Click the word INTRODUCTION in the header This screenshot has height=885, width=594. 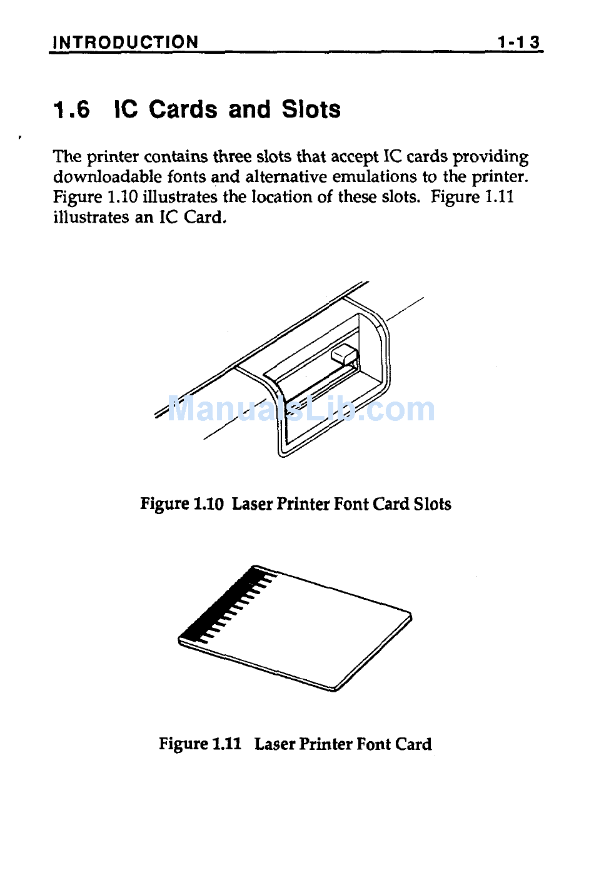(126, 43)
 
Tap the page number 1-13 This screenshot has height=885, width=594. (518, 43)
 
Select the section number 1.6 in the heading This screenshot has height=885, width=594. (71, 109)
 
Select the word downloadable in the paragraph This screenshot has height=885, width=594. (108, 176)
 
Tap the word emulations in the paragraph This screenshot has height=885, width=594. (375, 176)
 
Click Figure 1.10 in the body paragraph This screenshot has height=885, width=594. (95, 198)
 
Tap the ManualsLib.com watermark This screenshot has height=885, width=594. (301, 409)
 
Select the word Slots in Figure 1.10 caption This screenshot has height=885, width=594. (432, 503)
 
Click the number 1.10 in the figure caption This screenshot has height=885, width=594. (209, 503)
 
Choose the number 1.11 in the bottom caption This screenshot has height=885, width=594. (227, 744)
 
